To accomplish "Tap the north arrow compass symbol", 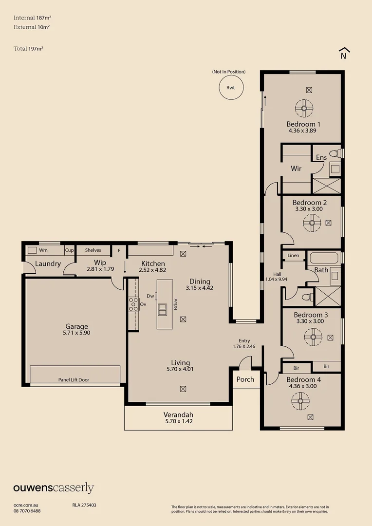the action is (343, 54).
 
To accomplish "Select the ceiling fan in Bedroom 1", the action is (304, 108).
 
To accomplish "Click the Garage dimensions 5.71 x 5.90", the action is (76, 333).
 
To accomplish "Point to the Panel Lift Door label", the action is (74, 380).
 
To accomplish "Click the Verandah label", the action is (178, 414).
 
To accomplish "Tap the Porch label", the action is (245, 379).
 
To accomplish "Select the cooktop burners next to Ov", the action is (133, 304).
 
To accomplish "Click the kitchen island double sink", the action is (162, 309).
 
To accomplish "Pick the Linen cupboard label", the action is (293, 255).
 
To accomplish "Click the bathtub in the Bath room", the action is (324, 258).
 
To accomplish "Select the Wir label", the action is (296, 168).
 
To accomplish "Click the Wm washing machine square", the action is (32, 250).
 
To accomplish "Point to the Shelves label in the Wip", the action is (93, 250).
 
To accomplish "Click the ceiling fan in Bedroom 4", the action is (300, 401).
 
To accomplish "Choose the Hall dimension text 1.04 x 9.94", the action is (276, 279).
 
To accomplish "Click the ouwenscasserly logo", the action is (54, 488).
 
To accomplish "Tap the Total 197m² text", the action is (29, 49).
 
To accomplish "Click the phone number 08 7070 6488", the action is (27, 511).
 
